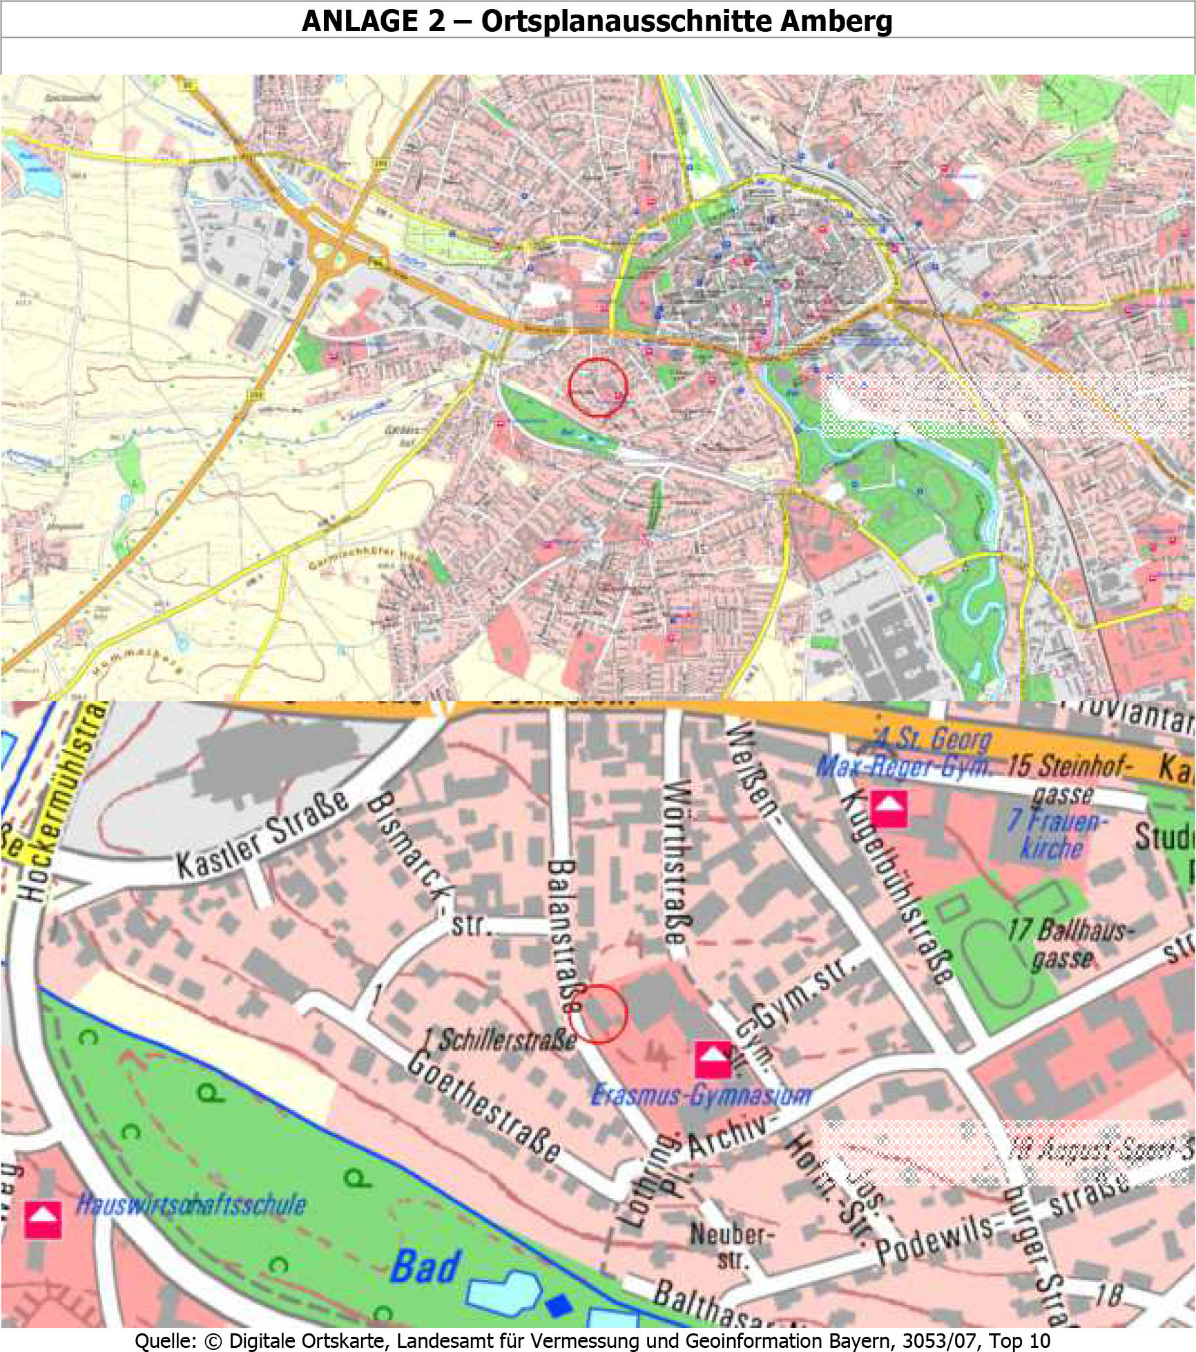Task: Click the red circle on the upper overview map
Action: tap(598, 388)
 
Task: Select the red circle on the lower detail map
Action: tap(598, 1013)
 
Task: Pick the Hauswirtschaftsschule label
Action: tap(191, 1206)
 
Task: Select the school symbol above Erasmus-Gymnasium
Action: tap(713, 1059)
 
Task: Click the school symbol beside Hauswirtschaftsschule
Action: tap(43, 1219)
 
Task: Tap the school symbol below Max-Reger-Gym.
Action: tap(889, 808)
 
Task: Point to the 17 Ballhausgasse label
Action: tap(1065, 944)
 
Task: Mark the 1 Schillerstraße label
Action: tap(501, 1040)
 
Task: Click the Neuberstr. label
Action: tap(733, 1246)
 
